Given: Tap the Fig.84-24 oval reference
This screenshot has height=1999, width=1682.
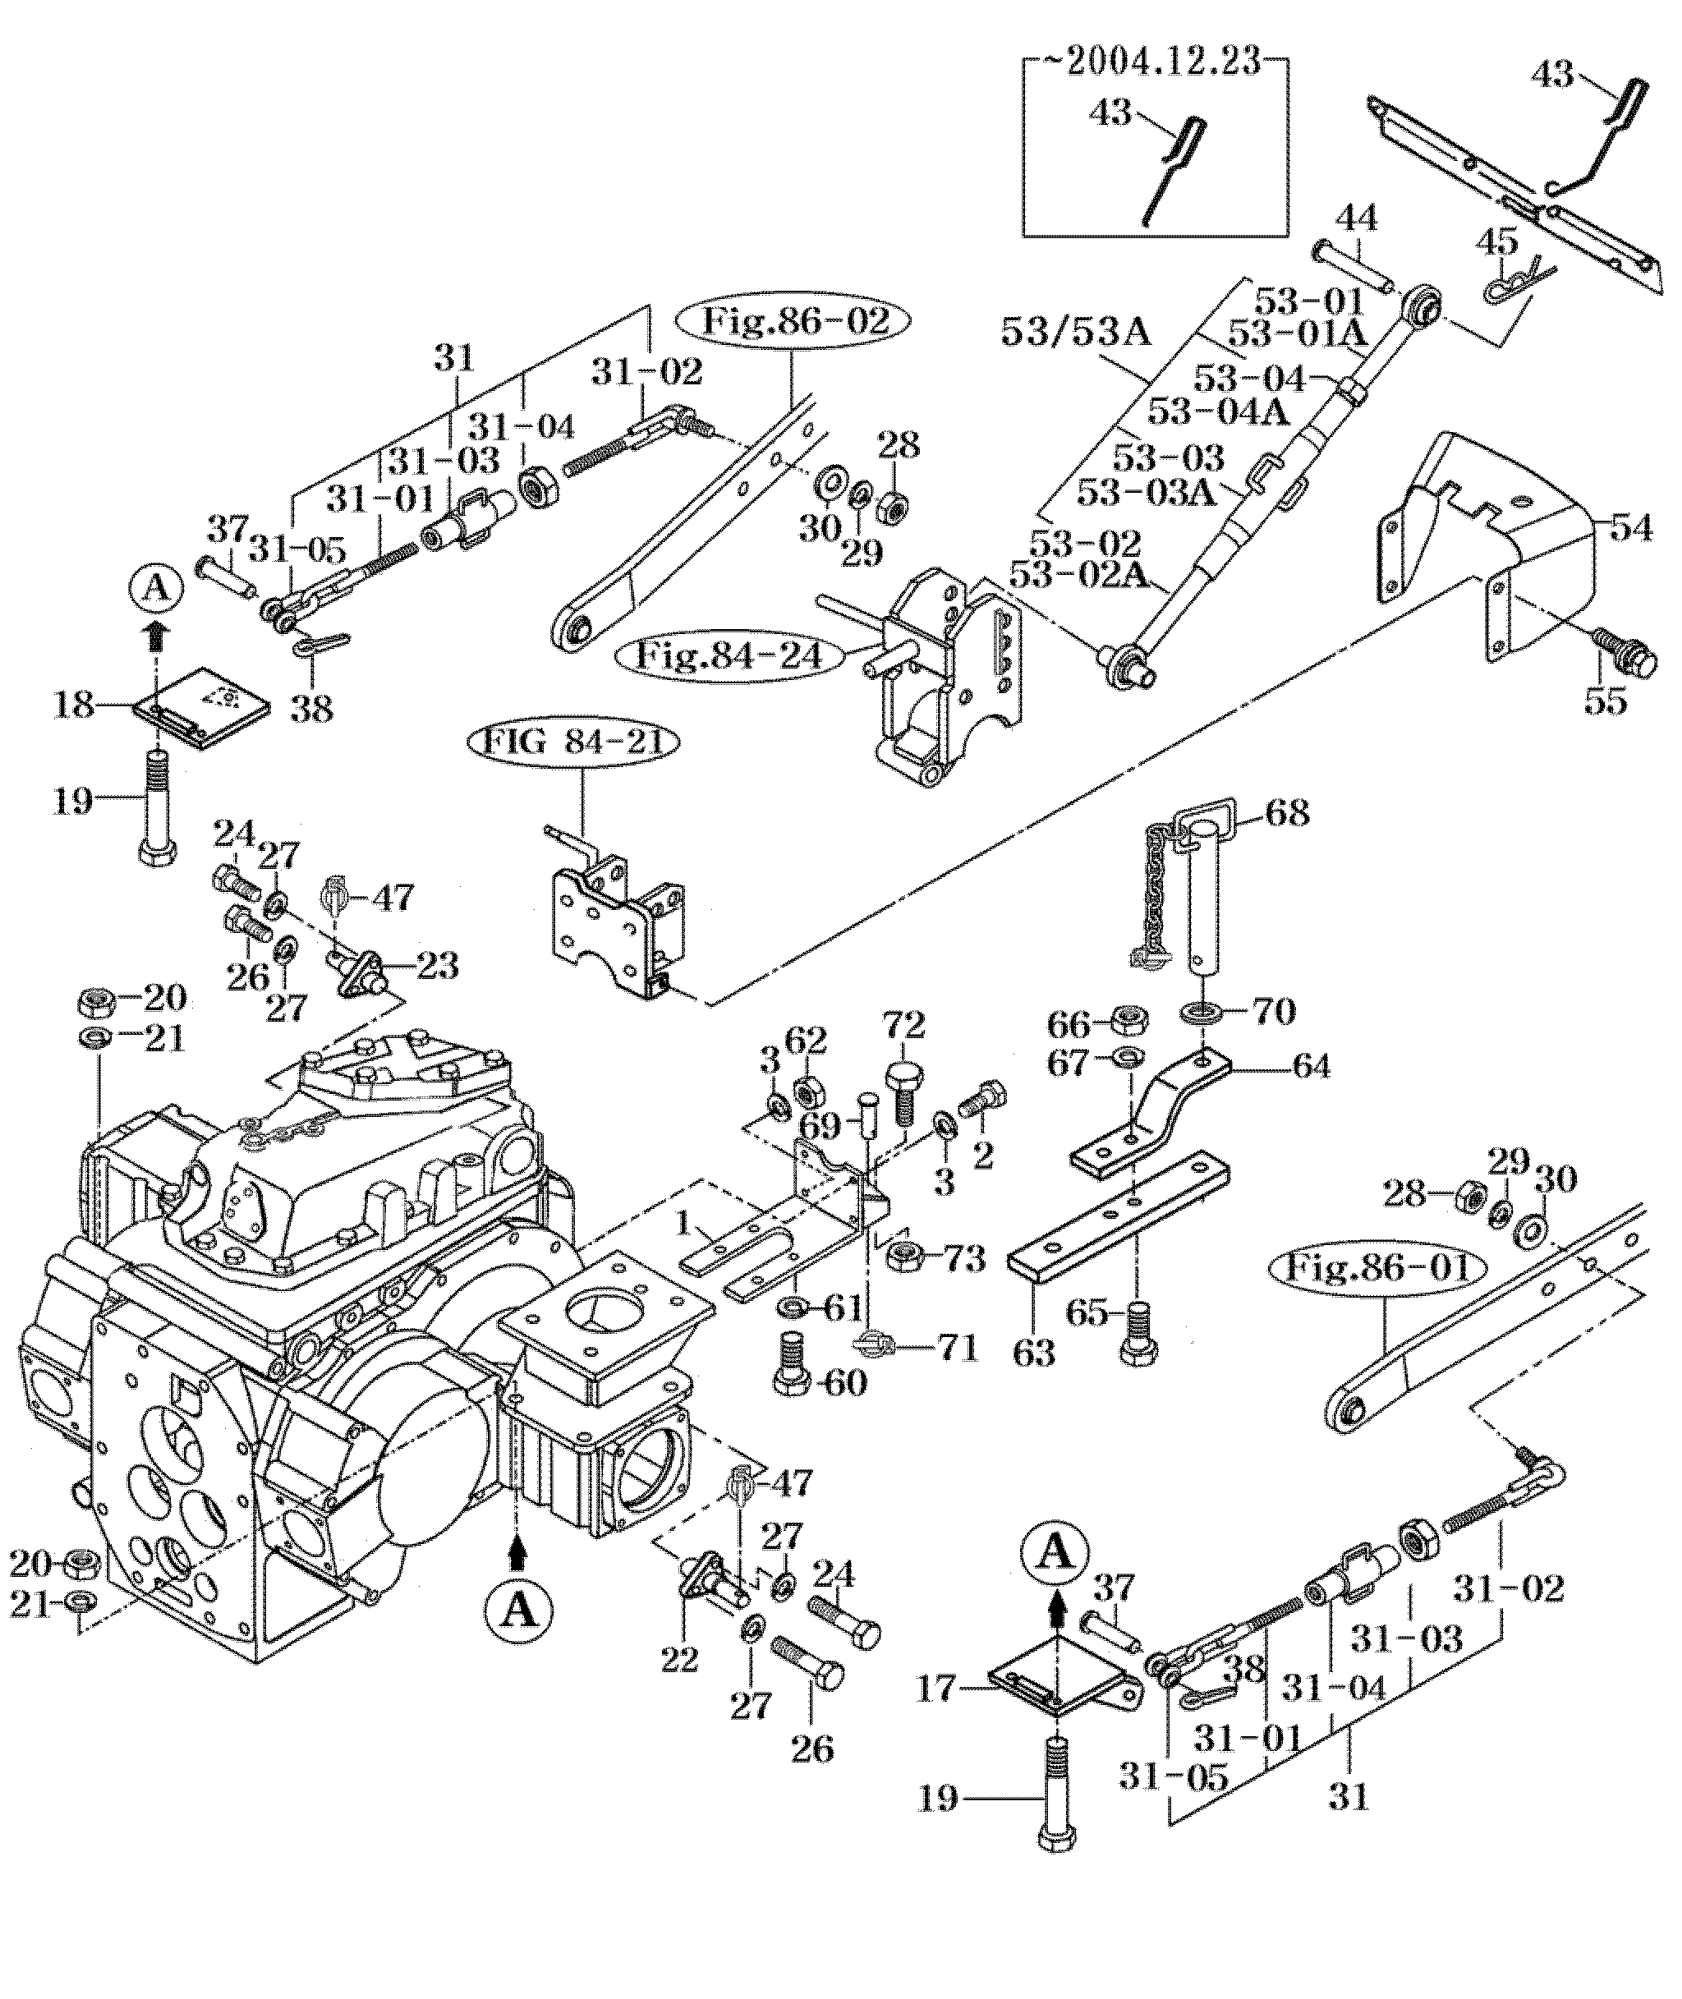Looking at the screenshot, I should [730, 657].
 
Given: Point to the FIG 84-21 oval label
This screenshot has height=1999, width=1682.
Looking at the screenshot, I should [574, 742].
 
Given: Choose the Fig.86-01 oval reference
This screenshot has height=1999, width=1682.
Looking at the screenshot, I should [1380, 1268].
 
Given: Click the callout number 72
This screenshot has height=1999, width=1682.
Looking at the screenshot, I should [903, 1025].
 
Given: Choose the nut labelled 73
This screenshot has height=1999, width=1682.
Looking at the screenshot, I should [902, 1258].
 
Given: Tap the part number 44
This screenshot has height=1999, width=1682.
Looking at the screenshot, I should [1355, 220].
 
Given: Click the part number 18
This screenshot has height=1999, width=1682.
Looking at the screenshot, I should [75, 706].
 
